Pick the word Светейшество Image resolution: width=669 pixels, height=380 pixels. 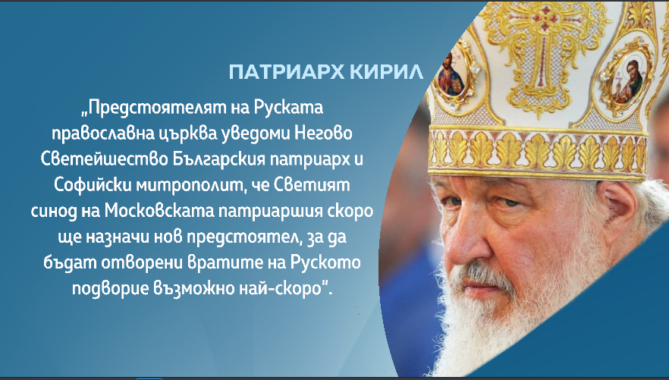point(105,159)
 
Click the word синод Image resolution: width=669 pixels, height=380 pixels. point(54,212)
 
